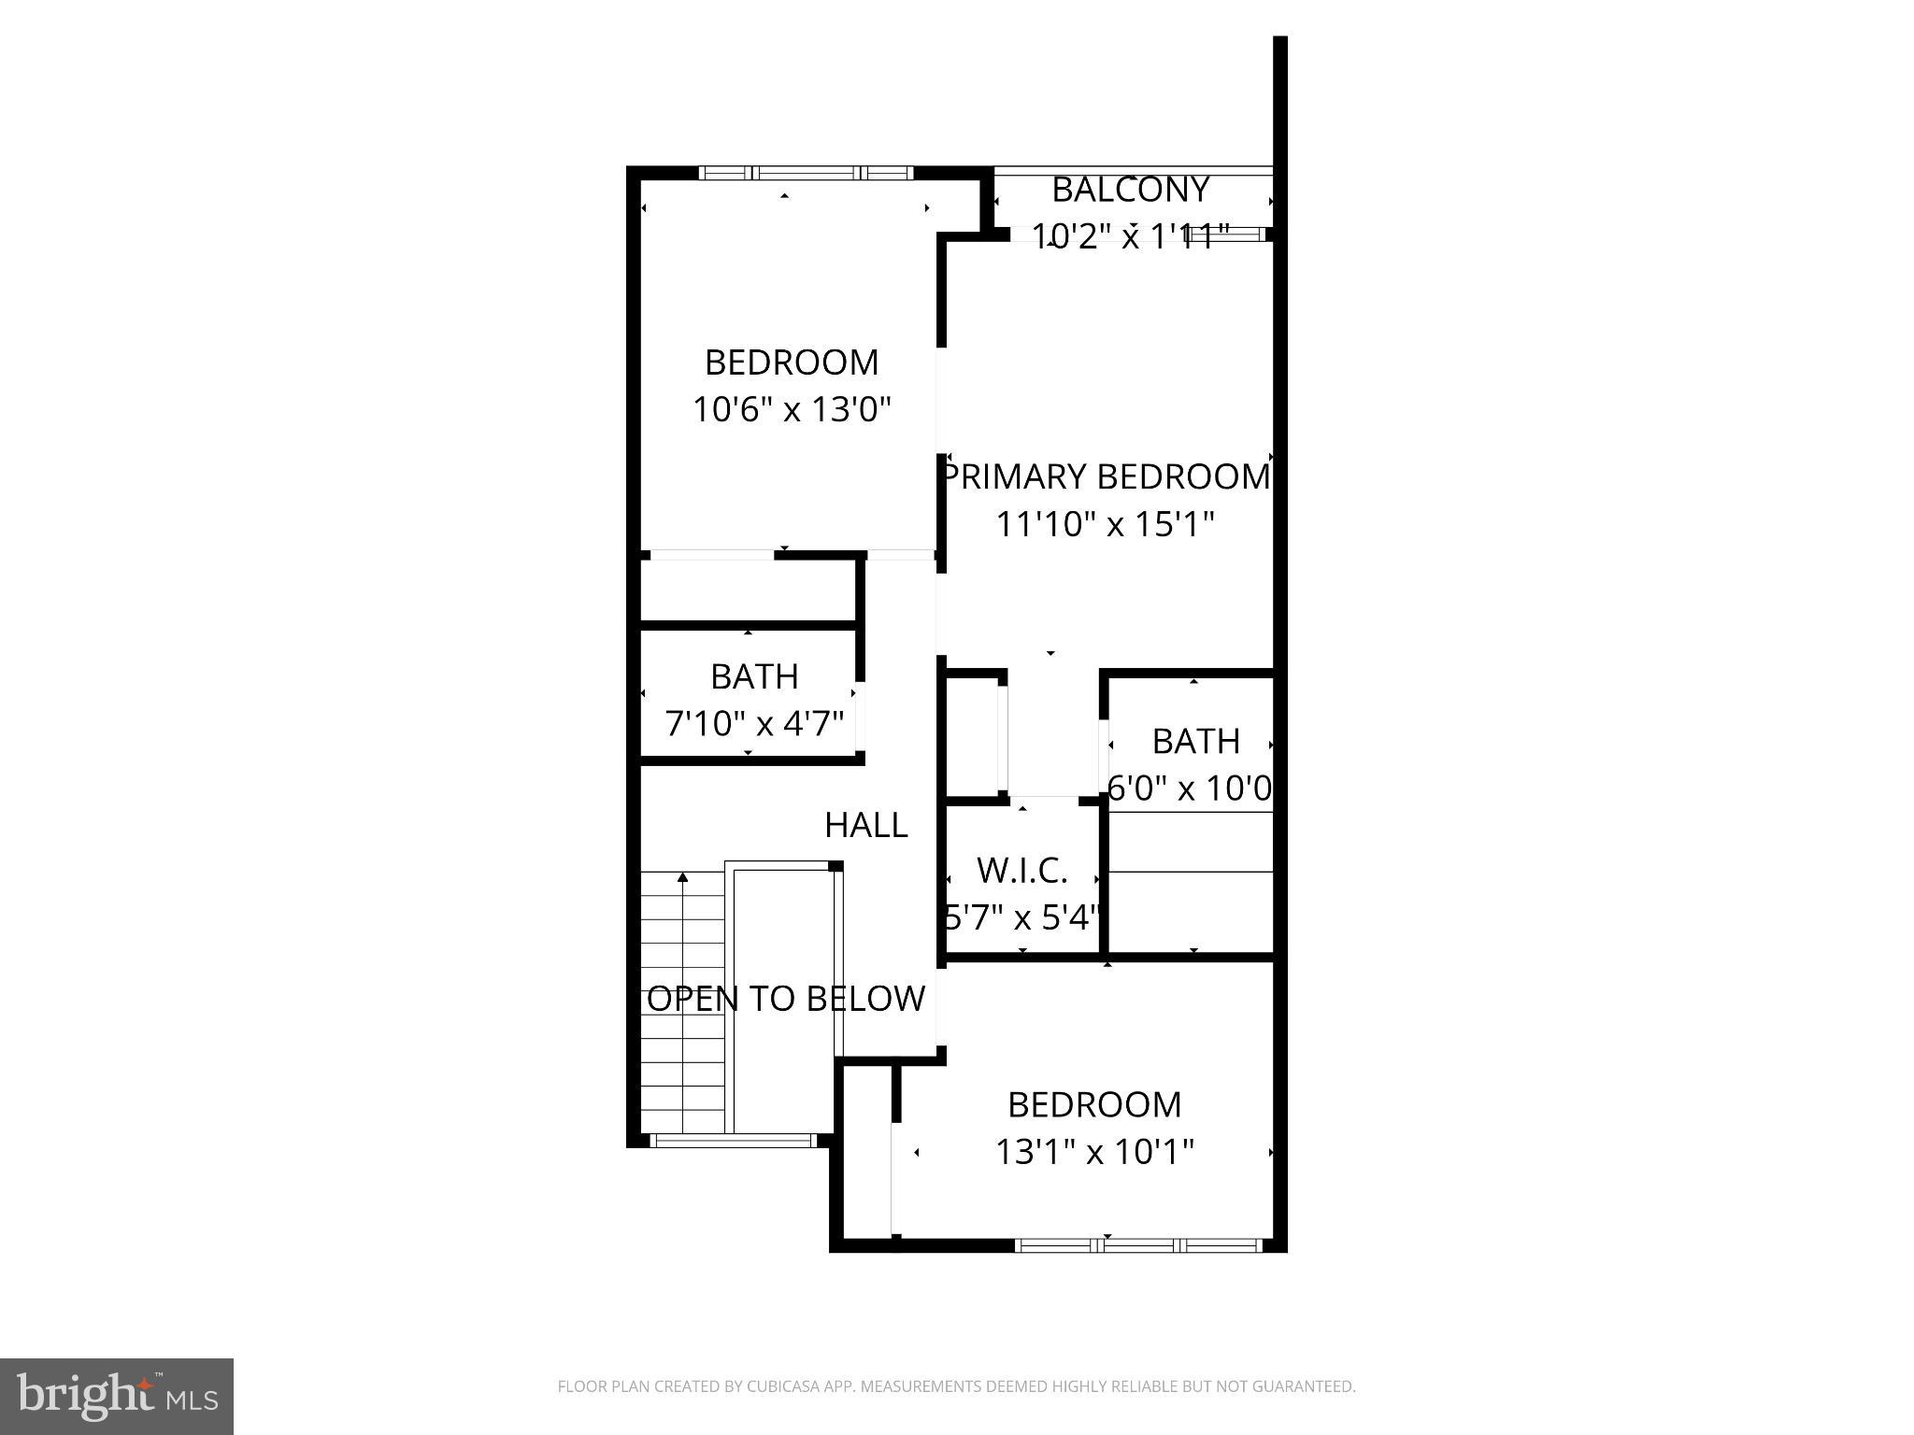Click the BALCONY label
point(1131,190)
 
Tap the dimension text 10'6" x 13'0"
point(792,409)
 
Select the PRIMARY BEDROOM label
point(1106,476)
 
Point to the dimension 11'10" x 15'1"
point(1105,524)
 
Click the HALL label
point(866,825)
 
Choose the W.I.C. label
point(1022,871)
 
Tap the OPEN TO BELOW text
point(786,999)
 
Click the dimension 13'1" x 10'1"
point(1094,1152)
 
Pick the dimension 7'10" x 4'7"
point(754,723)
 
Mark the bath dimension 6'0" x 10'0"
point(1190,789)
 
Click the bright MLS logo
point(117,1396)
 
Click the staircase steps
point(683,1000)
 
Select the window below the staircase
point(733,1141)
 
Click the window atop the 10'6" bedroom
point(806,173)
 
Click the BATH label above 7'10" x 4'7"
point(754,676)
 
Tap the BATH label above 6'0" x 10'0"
point(1195,741)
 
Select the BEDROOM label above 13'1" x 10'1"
point(1094,1104)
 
